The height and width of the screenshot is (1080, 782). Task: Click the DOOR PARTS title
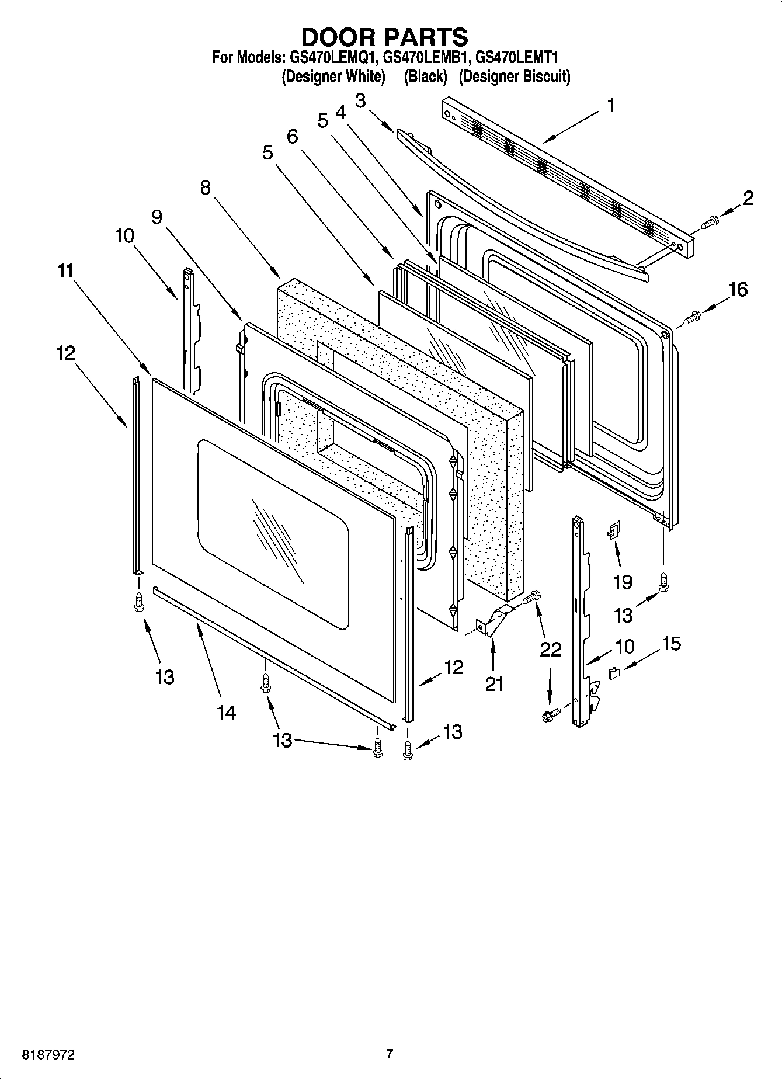coord(384,37)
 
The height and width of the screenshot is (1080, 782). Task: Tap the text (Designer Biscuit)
coord(514,77)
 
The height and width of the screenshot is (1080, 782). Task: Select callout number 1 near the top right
coord(610,106)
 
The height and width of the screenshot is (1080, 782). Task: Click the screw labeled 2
coord(711,222)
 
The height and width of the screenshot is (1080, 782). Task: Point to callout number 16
coord(738,289)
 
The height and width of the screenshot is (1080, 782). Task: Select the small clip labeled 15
coord(614,673)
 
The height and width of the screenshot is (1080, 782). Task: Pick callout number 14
coord(226,712)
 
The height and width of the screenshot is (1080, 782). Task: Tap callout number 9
coord(157,217)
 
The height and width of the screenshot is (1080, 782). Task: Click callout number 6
coord(292,137)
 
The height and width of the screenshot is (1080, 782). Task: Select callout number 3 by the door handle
coord(360,100)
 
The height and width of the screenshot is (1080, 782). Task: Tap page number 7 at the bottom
coord(390,1054)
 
